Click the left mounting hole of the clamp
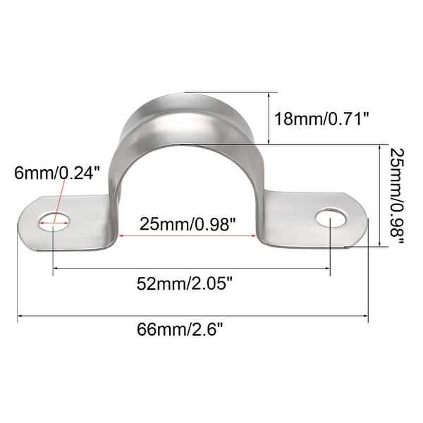click(x=54, y=221)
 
